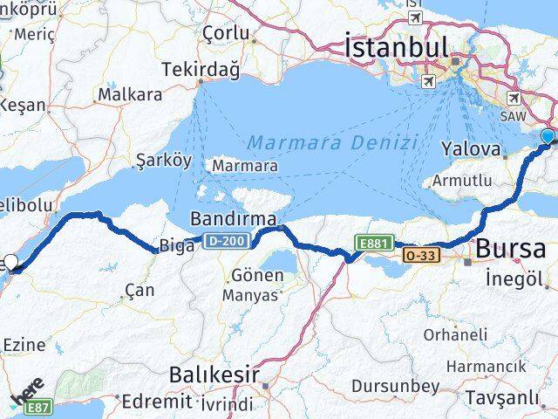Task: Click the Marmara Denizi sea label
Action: click(x=331, y=142)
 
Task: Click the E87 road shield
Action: click(x=36, y=408)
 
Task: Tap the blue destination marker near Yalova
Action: click(x=548, y=137)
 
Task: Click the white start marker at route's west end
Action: click(x=10, y=261)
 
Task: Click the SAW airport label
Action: click(x=512, y=115)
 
